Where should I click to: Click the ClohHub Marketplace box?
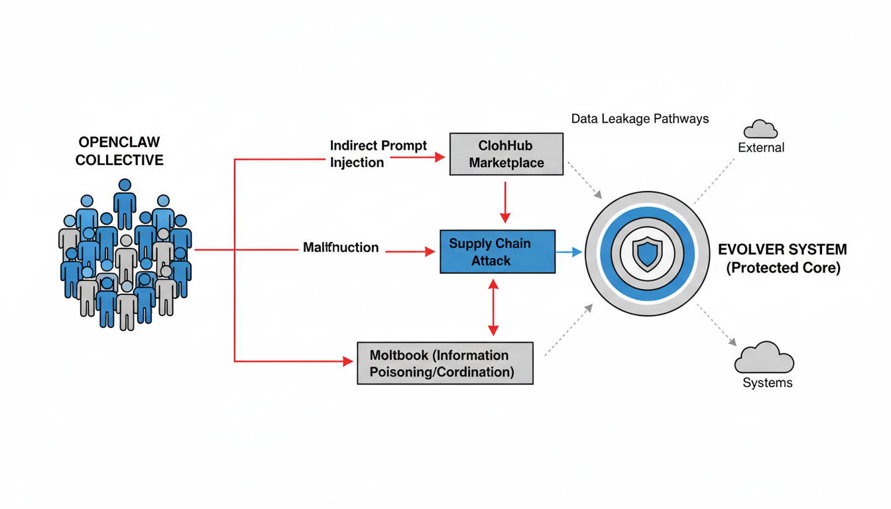click(506, 154)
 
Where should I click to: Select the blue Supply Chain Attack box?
click(497, 252)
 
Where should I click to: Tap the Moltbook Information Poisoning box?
click(445, 363)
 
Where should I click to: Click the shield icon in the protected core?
click(647, 253)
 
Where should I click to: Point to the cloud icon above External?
click(760, 129)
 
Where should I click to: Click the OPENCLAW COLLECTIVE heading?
click(119, 151)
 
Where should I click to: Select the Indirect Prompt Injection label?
click(378, 154)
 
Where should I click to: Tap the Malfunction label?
click(341, 248)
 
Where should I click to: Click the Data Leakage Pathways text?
click(640, 119)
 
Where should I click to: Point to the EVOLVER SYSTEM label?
click(782, 250)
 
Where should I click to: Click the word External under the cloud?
click(761, 147)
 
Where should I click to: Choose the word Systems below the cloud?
click(767, 383)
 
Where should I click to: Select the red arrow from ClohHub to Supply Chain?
click(505, 202)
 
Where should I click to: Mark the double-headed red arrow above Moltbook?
click(493, 307)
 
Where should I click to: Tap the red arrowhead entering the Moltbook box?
click(348, 361)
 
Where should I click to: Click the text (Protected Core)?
click(783, 268)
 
